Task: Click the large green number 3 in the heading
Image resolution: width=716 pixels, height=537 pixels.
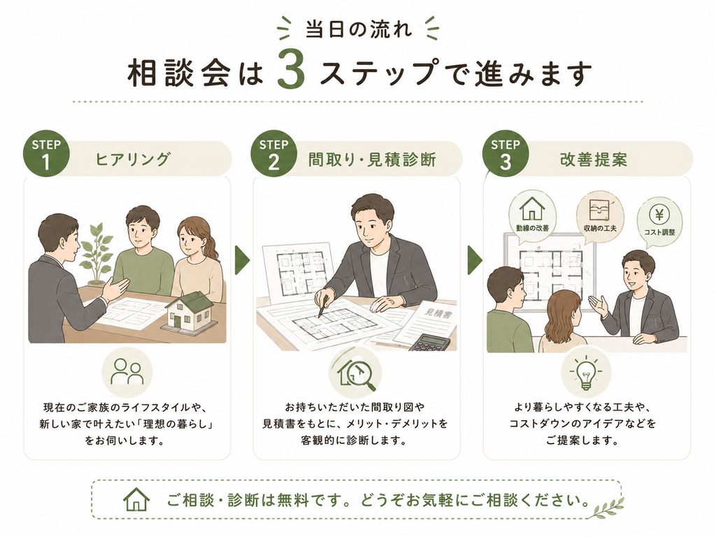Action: click(292, 69)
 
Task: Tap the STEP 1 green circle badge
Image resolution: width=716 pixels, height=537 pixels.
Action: click(46, 154)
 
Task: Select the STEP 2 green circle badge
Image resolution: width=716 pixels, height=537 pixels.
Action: click(273, 154)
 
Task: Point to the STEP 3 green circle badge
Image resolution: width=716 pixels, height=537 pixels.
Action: click(505, 154)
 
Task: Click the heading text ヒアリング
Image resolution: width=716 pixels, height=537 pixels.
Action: click(132, 159)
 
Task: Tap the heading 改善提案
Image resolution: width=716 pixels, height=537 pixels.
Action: click(594, 159)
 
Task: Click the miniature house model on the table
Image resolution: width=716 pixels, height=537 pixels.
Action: click(189, 313)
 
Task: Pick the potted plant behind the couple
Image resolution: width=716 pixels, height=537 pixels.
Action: click(96, 253)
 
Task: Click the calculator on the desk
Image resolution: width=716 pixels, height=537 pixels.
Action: click(429, 342)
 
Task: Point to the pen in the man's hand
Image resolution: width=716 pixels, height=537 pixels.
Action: click(324, 306)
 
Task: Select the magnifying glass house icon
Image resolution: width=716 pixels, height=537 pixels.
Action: click(357, 372)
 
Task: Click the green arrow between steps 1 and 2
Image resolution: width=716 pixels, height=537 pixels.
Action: click(242, 261)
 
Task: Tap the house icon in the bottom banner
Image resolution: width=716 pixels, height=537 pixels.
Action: click(136, 499)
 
